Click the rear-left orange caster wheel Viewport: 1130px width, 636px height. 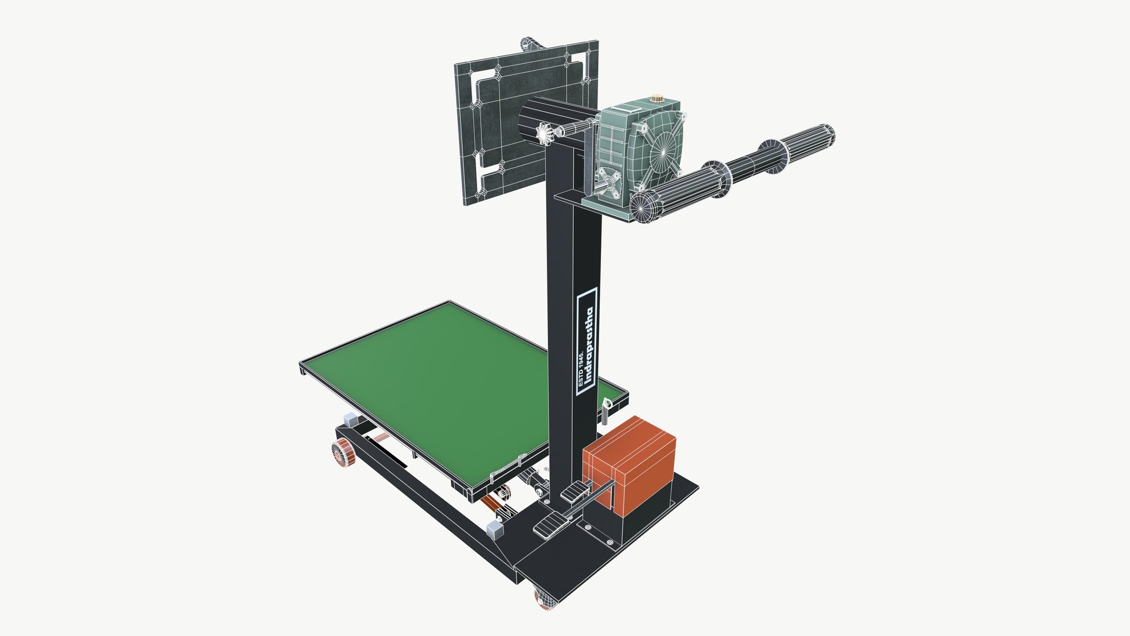click(341, 452)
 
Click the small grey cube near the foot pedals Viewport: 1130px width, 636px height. click(496, 529)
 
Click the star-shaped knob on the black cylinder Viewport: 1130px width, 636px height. click(545, 134)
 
